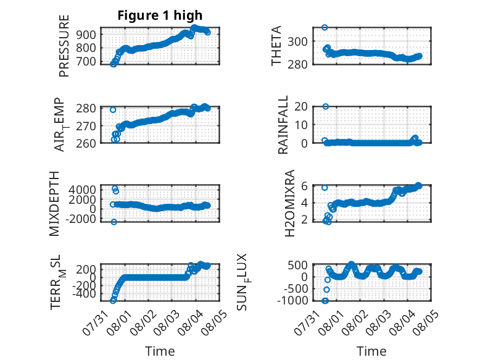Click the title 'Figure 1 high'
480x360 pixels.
coord(160,15)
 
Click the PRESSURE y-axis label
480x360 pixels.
coord(64,46)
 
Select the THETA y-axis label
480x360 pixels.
coord(276,46)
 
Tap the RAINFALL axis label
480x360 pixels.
coord(283,124)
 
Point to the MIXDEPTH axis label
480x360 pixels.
coord(54,204)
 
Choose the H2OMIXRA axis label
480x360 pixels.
coord(289,203)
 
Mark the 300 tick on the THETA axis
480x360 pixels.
coord(297,41)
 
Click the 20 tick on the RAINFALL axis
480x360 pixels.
coord(301,107)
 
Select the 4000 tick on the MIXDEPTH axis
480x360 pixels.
coord(82,190)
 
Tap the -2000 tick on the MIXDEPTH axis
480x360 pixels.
coord(80,219)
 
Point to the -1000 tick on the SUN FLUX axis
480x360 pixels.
coord(292,301)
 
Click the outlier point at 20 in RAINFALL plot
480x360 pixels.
coord(326,106)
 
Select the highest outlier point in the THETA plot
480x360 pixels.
coord(325,27)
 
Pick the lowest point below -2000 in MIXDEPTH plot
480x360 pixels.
coord(114,222)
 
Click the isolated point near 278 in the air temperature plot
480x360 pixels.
coord(113,110)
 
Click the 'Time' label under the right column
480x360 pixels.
coord(371,351)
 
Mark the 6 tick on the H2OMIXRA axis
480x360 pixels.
coord(304,186)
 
